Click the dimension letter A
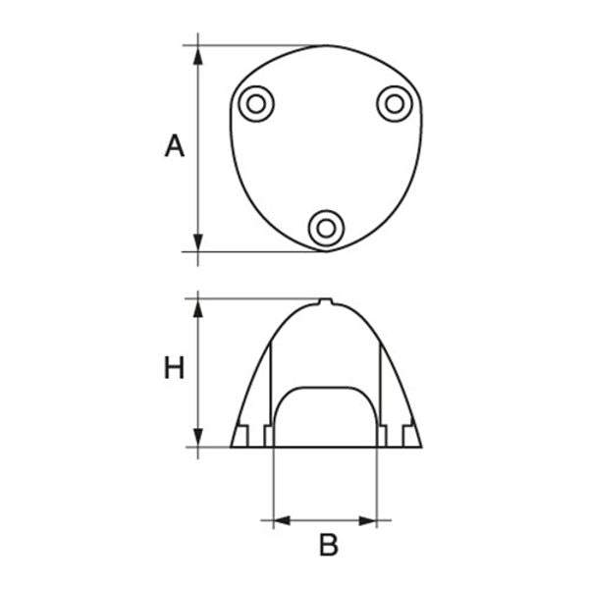[174, 147]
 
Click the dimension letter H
[174, 369]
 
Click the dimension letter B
[328, 546]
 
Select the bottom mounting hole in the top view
[326, 229]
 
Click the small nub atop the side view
[326, 301]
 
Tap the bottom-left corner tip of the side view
[231, 448]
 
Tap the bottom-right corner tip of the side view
[422, 448]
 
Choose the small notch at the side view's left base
[241, 435]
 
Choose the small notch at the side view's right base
[410, 435]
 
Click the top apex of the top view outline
[326, 45]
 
